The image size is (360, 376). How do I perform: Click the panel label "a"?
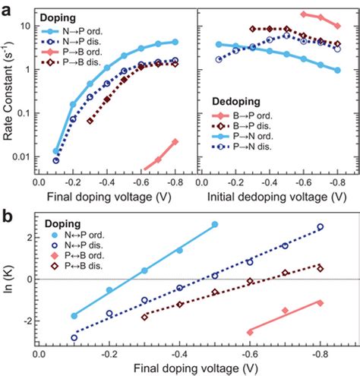coord(8,6)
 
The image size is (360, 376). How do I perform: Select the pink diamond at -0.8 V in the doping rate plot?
coord(175,141)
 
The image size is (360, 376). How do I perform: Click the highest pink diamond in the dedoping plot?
coord(304,14)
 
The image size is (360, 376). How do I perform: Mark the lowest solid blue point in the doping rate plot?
coord(56,151)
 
